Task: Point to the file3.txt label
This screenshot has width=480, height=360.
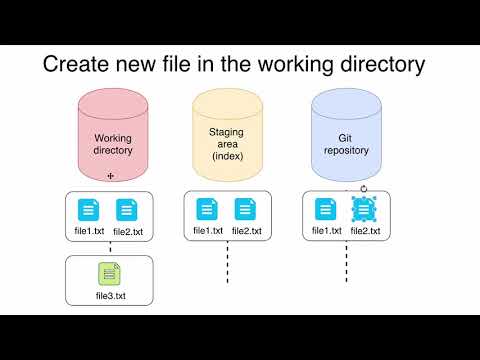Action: (x=109, y=295)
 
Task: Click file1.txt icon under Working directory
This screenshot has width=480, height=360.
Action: (x=89, y=210)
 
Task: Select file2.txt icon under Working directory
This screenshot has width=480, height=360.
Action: (x=127, y=210)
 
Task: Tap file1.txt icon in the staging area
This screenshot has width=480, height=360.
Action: (x=207, y=210)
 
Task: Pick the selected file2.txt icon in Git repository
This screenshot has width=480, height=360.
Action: (x=364, y=210)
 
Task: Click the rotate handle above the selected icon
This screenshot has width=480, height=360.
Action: (x=364, y=188)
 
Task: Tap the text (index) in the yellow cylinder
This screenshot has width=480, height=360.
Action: (x=229, y=157)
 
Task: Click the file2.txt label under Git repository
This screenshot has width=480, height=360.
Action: (x=365, y=231)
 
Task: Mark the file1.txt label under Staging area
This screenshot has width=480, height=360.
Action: (x=208, y=231)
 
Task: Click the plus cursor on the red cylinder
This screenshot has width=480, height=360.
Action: (x=111, y=175)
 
